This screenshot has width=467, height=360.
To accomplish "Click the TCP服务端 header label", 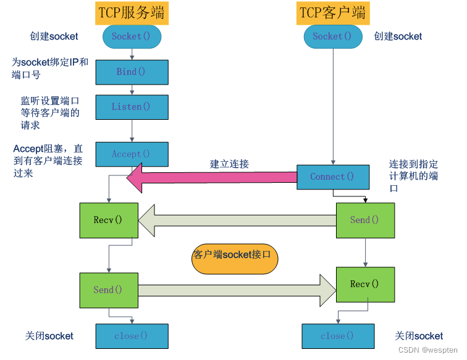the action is (132, 13).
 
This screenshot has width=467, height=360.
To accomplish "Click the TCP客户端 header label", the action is (333, 13).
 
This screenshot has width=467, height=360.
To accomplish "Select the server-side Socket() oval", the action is (132, 36).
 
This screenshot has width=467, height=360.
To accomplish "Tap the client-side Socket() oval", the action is (333, 36).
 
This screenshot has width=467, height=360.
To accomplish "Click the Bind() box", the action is (132, 72).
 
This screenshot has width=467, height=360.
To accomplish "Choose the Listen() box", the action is (132, 107).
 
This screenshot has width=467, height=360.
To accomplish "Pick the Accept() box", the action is (132, 154).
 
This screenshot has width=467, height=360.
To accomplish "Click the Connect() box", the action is (333, 177).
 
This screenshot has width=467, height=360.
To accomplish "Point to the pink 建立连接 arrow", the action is (211, 178).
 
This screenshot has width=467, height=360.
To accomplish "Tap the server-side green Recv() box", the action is (109, 220).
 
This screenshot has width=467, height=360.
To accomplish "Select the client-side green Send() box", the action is (366, 220).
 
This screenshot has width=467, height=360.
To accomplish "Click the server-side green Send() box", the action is (109, 290).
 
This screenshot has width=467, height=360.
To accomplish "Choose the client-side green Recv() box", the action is (366, 285).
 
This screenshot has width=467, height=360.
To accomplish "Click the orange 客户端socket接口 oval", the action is (235, 259).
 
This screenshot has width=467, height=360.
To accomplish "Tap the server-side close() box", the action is (132, 336).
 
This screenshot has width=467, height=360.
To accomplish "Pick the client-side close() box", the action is (338, 336).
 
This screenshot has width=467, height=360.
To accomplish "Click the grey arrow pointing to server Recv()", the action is (237, 220).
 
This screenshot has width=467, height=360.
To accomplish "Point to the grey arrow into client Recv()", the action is (237, 290).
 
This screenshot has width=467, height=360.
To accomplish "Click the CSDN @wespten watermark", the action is (427, 350).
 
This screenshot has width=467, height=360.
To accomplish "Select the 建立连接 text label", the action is (229, 164).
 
